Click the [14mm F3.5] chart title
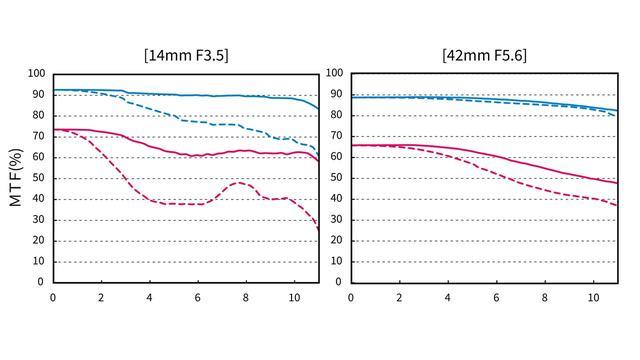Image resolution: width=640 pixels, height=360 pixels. [x=186, y=55]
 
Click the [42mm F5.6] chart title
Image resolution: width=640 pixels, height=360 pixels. [x=484, y=55]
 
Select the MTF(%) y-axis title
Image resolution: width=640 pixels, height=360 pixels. [x=16, y=178]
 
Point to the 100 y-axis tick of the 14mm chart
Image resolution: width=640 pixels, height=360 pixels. [x=37, y=74]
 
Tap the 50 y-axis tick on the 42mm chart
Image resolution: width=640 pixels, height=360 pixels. [x=336, y=178]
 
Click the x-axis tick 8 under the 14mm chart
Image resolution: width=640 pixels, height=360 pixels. [x=245, y=298]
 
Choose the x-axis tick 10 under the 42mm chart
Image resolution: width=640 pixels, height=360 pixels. [x=593, y=298]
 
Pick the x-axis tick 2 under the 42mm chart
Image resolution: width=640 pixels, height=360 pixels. [x=399, y=298]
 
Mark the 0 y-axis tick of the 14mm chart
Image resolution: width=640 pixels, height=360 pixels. [x=40, y=282]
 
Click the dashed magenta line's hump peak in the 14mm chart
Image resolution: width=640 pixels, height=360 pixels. [x=240, y=182]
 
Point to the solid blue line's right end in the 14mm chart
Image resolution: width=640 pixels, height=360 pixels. [x=318, y=109]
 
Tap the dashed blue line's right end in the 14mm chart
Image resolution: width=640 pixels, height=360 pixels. [x=318, y=156]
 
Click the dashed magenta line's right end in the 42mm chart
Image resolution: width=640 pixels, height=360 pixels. [x=617, y=205]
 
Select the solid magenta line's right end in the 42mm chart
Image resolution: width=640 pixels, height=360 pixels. [x=617, y=183]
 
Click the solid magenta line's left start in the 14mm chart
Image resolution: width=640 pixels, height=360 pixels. [x=54, y=130]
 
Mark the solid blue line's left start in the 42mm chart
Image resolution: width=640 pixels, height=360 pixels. [x=352, y=97]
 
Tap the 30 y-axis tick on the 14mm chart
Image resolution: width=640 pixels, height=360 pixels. [x=38, y=220]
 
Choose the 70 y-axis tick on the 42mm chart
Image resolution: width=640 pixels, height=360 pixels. [x=336, y=136]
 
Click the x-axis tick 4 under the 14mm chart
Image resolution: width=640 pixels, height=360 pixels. [x=149, y=298]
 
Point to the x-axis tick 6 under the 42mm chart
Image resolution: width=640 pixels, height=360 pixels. [x=496, y=298]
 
